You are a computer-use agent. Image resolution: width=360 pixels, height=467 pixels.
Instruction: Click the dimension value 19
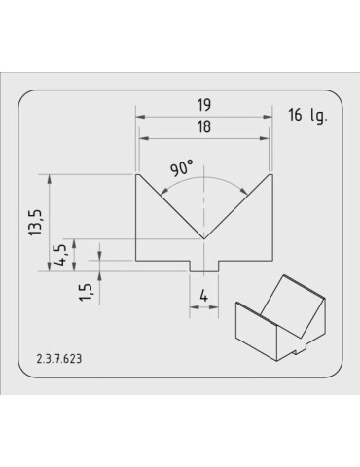[x=203, y=105]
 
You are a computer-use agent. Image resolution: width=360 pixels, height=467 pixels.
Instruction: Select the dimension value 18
[x=203, y=126]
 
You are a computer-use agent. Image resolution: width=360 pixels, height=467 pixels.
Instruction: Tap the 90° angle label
[x=182, y=168]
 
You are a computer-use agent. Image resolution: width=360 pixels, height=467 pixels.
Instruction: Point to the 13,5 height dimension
[x=35, y=222]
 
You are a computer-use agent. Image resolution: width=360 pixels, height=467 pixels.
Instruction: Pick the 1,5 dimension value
[x=86, y=293]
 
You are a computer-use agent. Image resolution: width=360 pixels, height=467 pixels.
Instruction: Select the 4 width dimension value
[x=203, y=296]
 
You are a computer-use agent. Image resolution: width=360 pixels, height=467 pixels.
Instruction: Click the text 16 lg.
[x=307, y=116]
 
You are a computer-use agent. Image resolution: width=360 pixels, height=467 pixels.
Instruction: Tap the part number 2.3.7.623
[x=59, y=359]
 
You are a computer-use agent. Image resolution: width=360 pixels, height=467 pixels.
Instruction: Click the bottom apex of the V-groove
[x=203, y=239]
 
